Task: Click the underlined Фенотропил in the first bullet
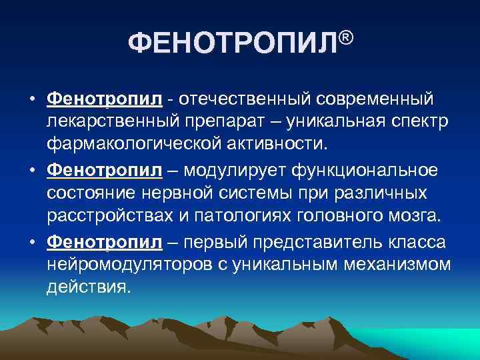coord(105,99)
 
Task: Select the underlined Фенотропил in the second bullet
coord(105,171)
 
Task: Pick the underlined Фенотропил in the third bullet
coord(105,242)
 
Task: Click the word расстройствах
coord(111,218)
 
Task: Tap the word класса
coord(413,242)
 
